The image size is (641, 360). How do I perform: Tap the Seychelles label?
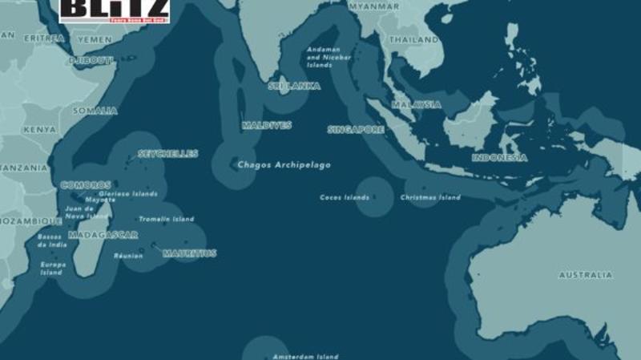pyautogui.click(x=167, y=154)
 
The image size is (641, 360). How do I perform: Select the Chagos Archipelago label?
pyautogui.click(x=284, y=165)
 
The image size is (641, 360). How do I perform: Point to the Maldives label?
pyautogui.click(x=267, y=126)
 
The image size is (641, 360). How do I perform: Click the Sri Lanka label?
pyautogui.click(x=294, y=86)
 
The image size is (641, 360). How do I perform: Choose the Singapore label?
pyautogui.click(x=357, y=129)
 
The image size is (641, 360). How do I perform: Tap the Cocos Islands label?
pyautogui.click(x=345, y=197)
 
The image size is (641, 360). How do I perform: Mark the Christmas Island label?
pyautogui.click(x=430, y=198)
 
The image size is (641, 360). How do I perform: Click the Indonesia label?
pyautogui.click(x=499, y=158)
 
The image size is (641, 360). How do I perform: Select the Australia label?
pyautogui.click(x=585, y=275)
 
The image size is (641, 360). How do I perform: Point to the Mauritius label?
pyautogui.click(x=189, y=253)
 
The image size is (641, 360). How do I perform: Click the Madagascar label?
pyautogui.click(x=103, y=235)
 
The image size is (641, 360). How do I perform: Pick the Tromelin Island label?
pyautogui.click(x=166, y=219)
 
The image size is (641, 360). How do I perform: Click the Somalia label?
pyautogui.click(x=95, y=111)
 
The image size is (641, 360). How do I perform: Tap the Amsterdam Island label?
pyautogui.click(x=304, y=356)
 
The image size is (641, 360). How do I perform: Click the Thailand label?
pyautogui.click(x=413, y=39)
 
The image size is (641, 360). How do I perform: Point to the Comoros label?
pyautogui.click(x=86, y=185)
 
